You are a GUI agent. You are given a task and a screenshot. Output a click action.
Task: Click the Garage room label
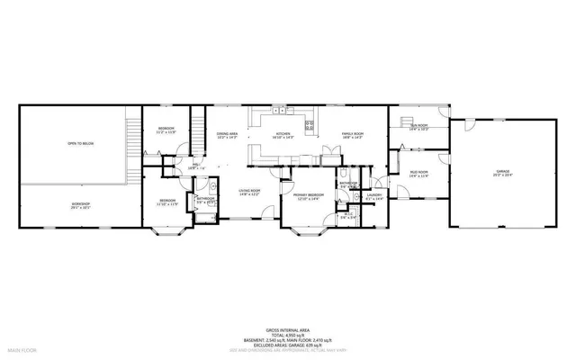[x=501, y=171]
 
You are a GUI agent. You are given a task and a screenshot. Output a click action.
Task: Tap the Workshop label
[x=80, y=205]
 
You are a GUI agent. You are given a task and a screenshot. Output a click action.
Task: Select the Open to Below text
[x=80, y=143]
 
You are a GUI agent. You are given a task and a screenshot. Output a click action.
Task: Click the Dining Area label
[x=227, y=136]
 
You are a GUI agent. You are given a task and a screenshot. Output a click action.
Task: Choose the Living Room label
[x=248, y=192]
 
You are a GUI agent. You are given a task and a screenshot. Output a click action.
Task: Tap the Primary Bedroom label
[x=308, y=195]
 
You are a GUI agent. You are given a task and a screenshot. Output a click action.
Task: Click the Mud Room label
[x=418, y=172]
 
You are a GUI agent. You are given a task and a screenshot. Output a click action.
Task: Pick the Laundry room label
[x=374, y=195]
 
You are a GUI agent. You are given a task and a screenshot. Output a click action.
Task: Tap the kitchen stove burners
[x=310, y=126]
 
